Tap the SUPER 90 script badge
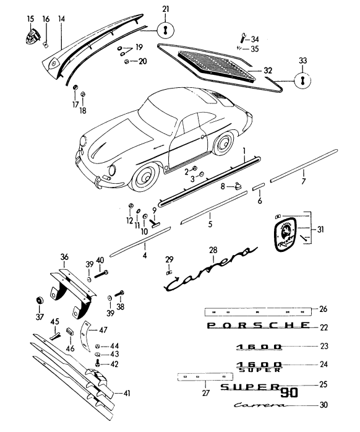[255, 388]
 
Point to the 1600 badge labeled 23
[259, 347]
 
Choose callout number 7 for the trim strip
[303, 181]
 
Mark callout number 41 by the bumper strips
[127, 392]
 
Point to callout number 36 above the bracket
[64, 256]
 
